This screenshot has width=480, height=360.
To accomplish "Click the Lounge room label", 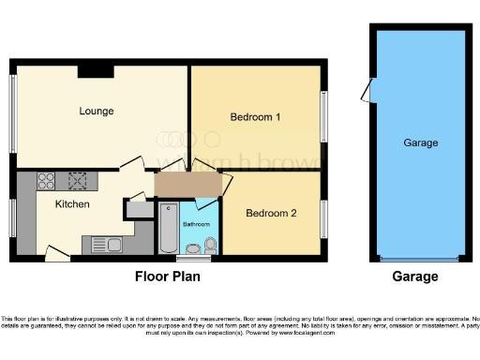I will [96, 111].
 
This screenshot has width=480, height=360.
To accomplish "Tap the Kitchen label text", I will [72, 203].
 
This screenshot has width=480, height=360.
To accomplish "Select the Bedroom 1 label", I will [256, 117].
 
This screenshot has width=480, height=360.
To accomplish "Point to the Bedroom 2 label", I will [271, 213].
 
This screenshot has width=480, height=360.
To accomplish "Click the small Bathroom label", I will [195, 225].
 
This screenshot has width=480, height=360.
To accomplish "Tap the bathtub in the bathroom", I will [168, 228].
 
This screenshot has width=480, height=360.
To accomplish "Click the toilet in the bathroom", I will [210, 246].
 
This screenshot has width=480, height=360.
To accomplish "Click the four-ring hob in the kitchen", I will [76, 180].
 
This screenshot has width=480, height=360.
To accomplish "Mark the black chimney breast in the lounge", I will [96, 69].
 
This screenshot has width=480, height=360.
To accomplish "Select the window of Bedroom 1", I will [325, 117].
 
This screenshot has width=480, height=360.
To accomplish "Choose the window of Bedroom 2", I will [325, 218].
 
